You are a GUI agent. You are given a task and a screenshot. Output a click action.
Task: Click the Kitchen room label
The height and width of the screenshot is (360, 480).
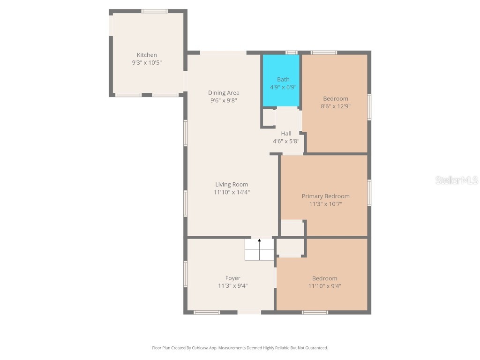point(147,55)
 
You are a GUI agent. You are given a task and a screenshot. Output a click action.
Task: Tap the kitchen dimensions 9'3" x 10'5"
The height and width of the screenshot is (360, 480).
point(147,62)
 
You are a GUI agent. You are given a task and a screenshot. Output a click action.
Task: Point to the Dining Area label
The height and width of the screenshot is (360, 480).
point(224,93)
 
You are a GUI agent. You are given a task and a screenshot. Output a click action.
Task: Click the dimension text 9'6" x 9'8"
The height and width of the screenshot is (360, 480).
point(224,100)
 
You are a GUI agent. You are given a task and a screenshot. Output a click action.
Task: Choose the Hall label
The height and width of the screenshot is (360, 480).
point(286,134)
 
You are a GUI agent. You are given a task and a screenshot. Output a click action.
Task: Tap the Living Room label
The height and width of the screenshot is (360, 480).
point(232,184)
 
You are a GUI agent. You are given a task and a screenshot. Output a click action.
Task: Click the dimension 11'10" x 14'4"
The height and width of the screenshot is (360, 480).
point(232,192)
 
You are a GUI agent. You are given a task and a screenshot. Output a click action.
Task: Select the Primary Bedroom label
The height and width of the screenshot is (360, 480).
point(325,196)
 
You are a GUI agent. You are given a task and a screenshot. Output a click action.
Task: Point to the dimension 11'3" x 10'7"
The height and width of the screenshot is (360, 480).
point(325,204)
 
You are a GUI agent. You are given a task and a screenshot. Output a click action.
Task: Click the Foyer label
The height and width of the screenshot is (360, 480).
point(232,278)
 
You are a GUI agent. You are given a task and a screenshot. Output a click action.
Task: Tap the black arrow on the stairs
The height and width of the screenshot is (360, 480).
point(259,240)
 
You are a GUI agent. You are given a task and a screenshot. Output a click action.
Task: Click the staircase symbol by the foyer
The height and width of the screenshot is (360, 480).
point(259,250)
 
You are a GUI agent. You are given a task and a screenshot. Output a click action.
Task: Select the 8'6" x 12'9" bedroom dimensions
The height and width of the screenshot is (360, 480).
point(336,106)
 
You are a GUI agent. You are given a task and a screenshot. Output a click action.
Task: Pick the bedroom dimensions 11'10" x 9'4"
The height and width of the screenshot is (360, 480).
point(324,286)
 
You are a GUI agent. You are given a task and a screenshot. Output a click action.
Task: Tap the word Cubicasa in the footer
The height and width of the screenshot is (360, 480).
point(201,348)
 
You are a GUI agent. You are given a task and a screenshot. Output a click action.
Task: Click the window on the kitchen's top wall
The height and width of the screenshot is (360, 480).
point(154,11)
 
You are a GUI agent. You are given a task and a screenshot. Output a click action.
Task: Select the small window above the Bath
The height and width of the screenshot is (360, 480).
point(292,52)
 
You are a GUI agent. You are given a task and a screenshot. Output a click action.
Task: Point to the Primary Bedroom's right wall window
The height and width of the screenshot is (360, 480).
point(369,193)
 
